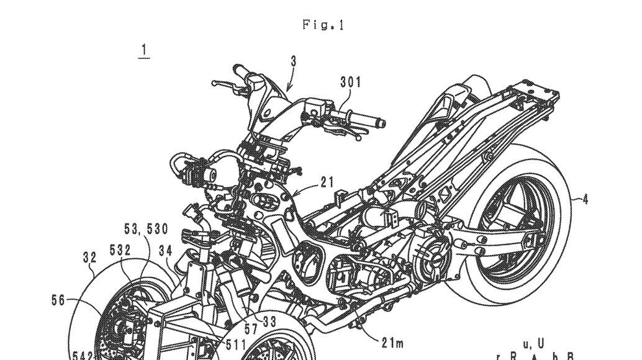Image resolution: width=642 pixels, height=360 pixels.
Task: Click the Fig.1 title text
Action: click(323, 25)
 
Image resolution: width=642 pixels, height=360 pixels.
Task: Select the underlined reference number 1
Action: click(143, 50)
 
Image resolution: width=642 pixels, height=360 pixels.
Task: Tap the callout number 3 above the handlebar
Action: click(293, 61)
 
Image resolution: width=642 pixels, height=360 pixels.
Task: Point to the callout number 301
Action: click(351, 82)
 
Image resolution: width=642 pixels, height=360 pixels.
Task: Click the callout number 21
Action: click(327, 182)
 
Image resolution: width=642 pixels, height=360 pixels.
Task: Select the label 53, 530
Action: click(146, 230)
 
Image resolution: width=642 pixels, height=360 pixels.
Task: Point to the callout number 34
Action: click(165, 251)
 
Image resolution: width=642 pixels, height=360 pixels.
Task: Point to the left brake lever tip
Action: click(214, 83)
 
